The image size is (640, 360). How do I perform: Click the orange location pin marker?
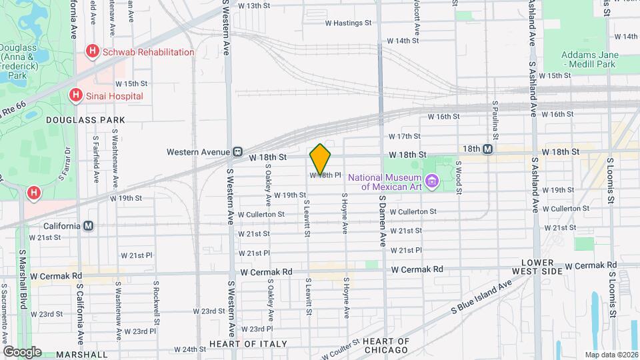point(321,159)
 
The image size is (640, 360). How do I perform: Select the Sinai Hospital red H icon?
point(76,96)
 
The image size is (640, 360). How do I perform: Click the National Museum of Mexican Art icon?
point(431,180)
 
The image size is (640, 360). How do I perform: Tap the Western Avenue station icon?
point(237,152)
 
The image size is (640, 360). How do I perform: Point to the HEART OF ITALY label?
point(248,344)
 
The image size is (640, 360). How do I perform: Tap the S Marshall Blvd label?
point(23,279)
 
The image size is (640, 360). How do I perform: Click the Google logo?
point(22,351)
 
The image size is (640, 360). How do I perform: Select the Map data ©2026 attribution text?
point(611,354)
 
